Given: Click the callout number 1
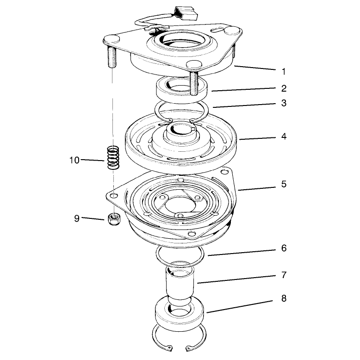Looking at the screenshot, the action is pos(284,72).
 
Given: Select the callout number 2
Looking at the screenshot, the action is pos(284,88).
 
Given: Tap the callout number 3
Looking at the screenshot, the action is pos(284,103).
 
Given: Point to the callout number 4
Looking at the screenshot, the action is pos(284,137).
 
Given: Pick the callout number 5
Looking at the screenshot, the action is pos(284,184).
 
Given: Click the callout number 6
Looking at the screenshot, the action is pos(284,248).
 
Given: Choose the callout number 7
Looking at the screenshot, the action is pos(284,275).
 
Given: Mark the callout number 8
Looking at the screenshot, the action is pos(284,298).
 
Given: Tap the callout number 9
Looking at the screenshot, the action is pos(77,218).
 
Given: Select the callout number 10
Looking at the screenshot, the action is pos(74,160).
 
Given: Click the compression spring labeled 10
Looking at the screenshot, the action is pos(113,158).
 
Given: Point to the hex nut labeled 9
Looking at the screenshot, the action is pos(113,219).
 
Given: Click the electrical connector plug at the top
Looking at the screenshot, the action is pos(186,13).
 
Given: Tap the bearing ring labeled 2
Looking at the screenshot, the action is pos(181,90).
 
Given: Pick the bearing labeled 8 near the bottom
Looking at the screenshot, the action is pos(180,313).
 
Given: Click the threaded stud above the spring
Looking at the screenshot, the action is pos(112,57).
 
